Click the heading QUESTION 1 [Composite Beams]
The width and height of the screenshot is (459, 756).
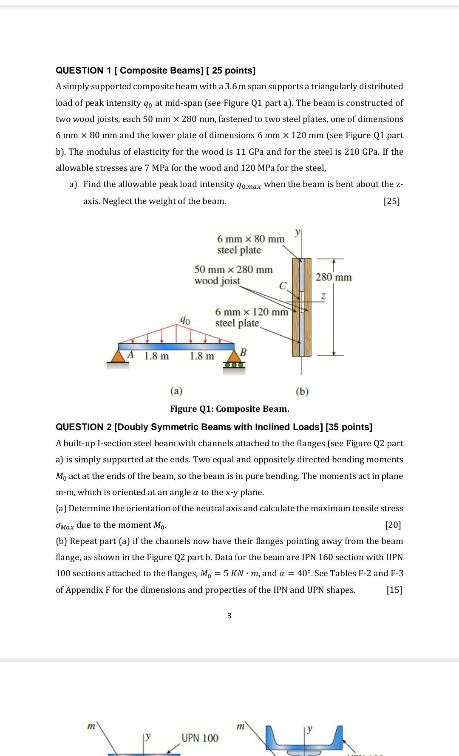tap(156, 70)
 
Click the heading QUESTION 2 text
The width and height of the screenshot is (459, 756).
tap(214, 427)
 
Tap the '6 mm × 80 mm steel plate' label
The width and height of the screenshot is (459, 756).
tap(250, 244)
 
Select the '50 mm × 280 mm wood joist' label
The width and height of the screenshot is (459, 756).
tap(233, 275)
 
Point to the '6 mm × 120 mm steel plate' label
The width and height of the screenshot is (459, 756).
tap(251, 317)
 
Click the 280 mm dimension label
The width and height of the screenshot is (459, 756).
tap(334, 277)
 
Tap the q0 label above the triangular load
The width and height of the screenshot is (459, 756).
tap(184, 320)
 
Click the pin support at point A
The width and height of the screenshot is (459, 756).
tap(117, 356)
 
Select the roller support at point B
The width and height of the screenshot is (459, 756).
tap(235, 360)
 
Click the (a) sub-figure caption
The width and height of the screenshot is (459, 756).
tap(176, 391)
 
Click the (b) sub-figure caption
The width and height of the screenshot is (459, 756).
tap(302, 391)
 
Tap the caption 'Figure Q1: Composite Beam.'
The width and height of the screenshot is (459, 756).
tap(229, 409)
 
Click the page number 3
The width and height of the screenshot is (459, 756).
tap(229, 615)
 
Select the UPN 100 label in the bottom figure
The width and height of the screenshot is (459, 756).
tap(200, 738)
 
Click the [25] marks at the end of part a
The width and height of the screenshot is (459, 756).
tap(391, 201)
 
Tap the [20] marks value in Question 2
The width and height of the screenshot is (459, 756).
tap(393, 525)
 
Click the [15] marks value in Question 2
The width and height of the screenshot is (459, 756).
tap(394, 590)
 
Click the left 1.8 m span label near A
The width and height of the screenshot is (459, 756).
tap(156, 356)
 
